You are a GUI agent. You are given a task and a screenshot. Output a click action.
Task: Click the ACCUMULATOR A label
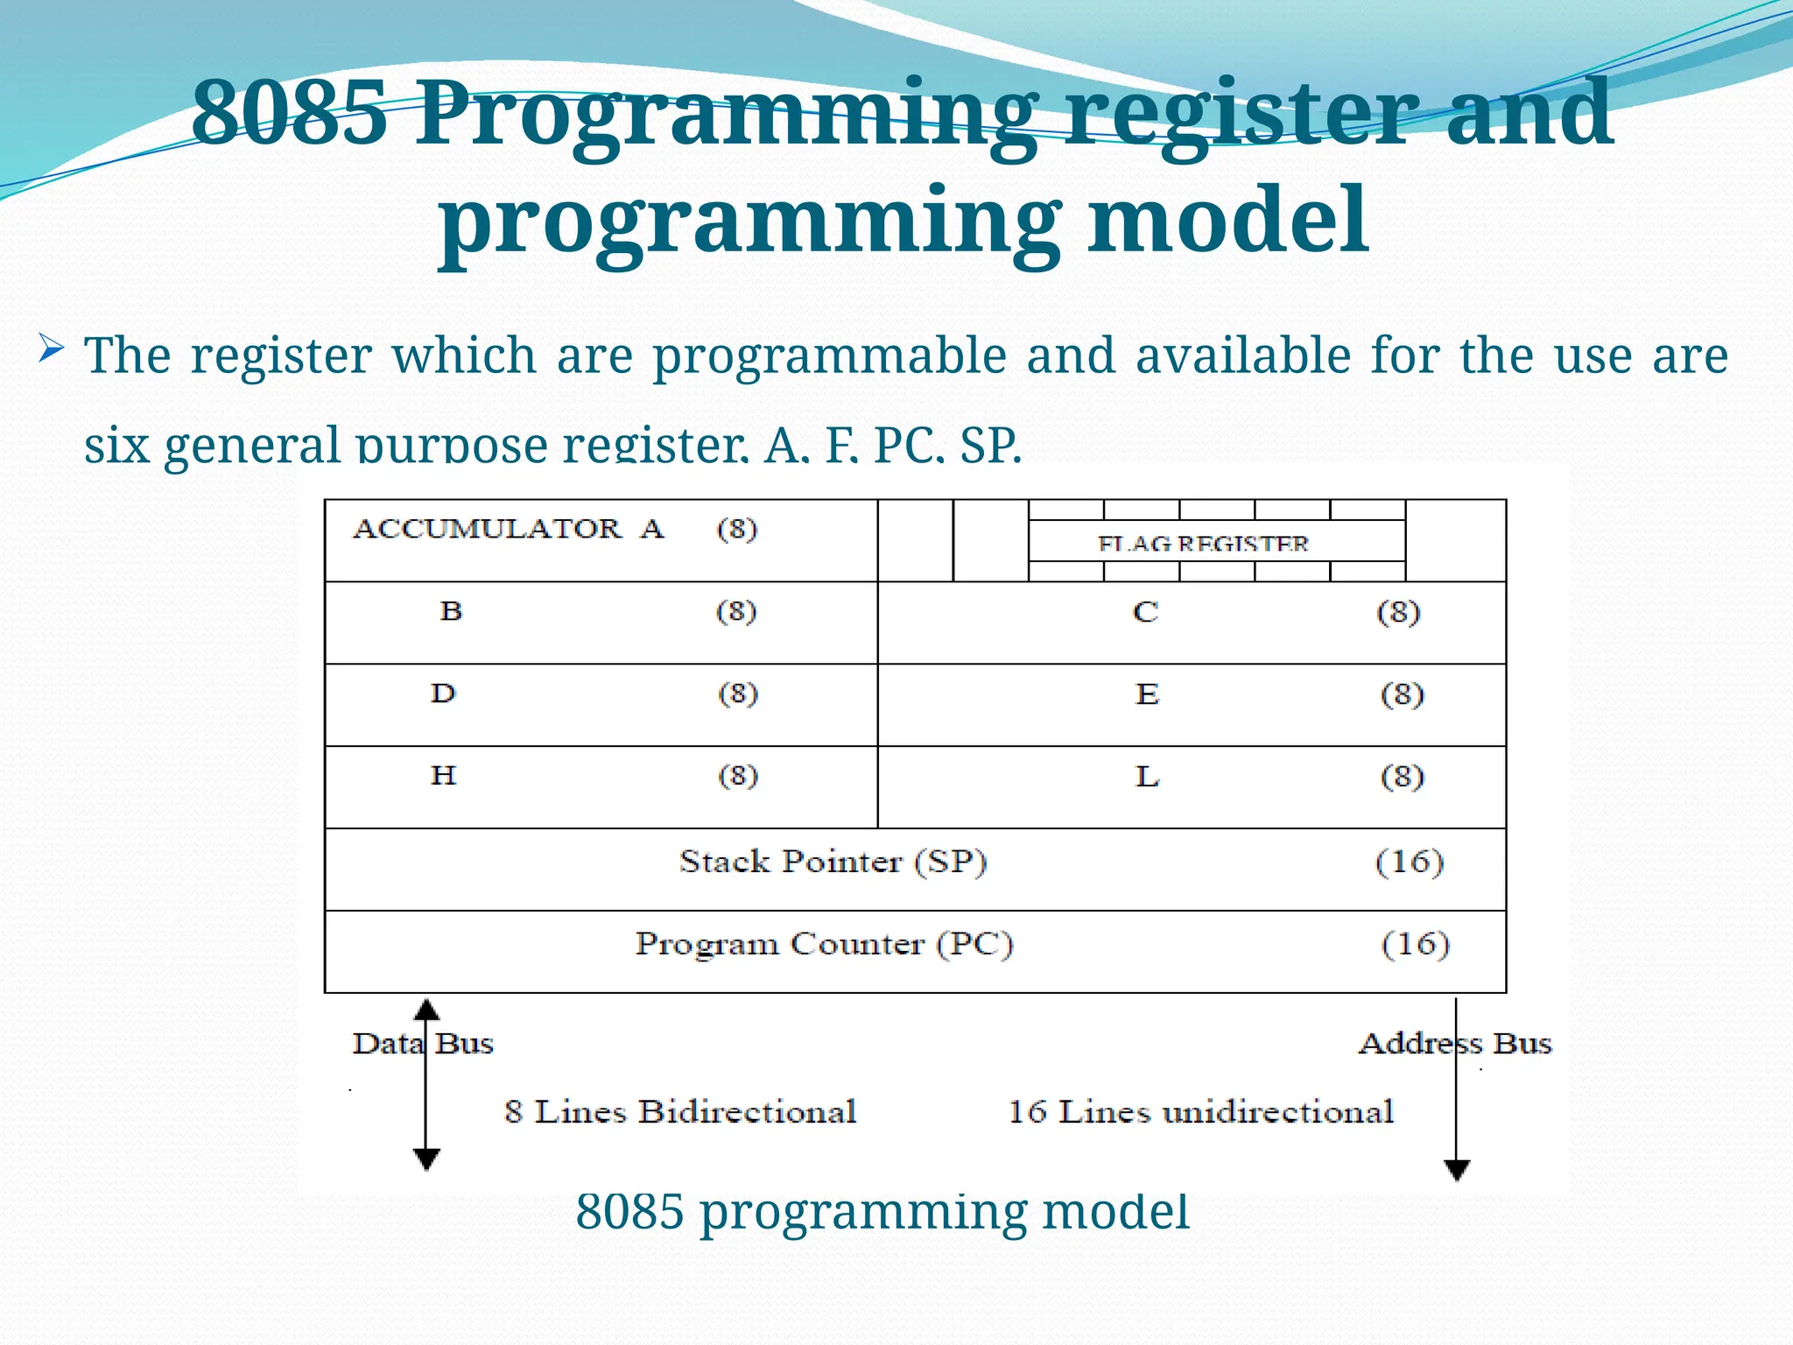tap(509, 529)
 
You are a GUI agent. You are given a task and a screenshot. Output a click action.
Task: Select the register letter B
tap(451, 610)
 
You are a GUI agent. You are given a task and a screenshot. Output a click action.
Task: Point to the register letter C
tap(1145, 611)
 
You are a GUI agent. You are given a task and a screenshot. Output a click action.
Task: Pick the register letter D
tap(444, 694)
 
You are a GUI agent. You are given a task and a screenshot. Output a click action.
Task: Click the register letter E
tap(1147, 694)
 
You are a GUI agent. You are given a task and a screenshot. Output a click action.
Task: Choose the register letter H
tap(444, 775)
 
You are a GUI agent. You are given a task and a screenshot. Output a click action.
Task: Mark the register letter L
tap(1147, 777)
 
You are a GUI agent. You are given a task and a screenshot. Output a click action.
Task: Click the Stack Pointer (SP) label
tap(833, 862)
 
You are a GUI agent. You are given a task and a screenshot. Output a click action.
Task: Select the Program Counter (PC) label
tap(824, 944)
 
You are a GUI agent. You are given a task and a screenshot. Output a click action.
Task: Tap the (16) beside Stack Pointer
tap(1410, 862)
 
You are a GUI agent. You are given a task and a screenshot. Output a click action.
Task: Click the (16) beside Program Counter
tap(1416, 944)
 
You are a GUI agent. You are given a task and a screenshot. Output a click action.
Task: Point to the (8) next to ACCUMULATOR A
tap(737, 529)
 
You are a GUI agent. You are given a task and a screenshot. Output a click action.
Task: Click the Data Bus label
tap(423, 1044)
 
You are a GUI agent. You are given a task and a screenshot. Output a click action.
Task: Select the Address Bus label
tap(1455, 1044)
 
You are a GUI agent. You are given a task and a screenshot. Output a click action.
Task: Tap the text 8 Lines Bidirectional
tap(680, 1112)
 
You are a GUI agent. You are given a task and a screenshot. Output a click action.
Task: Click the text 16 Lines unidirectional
tap(1200, 1112)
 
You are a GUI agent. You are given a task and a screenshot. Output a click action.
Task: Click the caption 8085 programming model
tap(882, 1212)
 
